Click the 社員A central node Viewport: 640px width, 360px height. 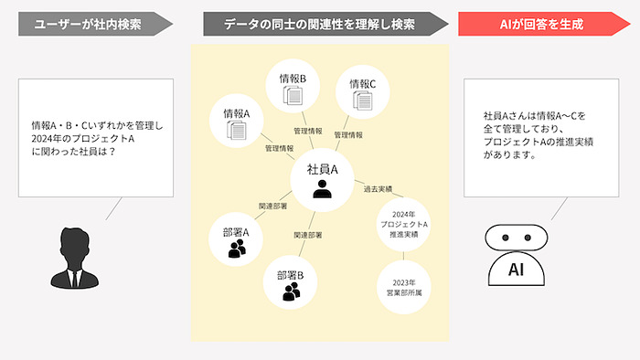(x=322, y=179)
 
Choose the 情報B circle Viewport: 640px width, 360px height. (x=293, y=88)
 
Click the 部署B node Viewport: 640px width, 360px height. (x=292, y=281)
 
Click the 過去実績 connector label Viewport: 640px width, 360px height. (x=378, y=189)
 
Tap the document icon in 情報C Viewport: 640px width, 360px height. (x=362, y=102)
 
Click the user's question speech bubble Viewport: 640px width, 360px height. (x=95, y=138)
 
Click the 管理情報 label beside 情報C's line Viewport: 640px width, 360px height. (x=348, y=135)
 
